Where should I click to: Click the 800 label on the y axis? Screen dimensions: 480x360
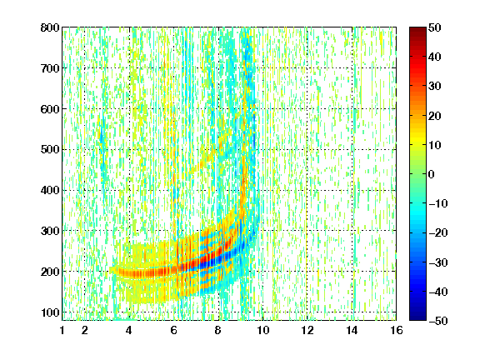(x=50, y=27)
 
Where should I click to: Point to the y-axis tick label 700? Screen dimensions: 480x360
(x=50, y=68)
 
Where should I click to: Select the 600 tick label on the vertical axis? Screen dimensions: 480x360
(x=50, y=109)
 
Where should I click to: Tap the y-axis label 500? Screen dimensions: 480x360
(x=50, y=150)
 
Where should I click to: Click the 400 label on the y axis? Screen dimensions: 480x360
(x=50, y=190)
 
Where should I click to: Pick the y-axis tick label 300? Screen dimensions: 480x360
(x=50, y=231)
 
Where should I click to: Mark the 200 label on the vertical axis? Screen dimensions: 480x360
(x=50, y=272)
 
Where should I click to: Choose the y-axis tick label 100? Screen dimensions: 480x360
(x=50, y=312)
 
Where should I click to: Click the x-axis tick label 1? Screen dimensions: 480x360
(x=62, y=330)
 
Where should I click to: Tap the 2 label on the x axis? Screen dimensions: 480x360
(x=85, y=330)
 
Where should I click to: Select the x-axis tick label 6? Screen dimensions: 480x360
(x=174, y=330)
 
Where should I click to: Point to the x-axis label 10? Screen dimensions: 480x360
(x=262, y=330)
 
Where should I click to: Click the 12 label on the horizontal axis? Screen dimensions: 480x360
(x=307, y=330)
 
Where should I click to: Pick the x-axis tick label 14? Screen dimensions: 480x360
(x=352, y=330)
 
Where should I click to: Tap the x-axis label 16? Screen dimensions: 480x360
(x=397, y=330)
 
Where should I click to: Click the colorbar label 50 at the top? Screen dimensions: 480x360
(x=434, y=27)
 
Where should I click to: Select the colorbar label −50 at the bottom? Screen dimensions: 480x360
(x=438, y=321)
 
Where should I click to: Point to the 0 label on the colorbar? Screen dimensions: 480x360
(x=432, y=174)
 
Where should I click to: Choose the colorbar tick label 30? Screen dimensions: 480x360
(x=434, y=87)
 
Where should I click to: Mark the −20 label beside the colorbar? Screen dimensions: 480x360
(x=438, y=233)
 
